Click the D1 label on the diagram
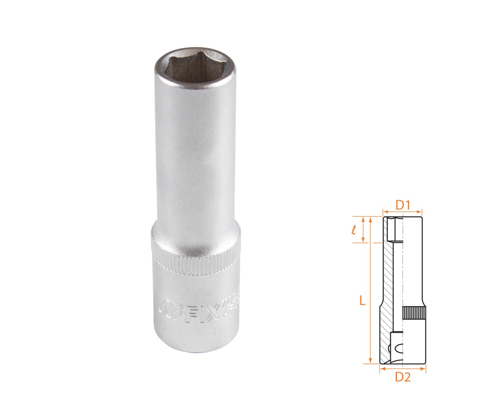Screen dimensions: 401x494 click(x=403, y=205)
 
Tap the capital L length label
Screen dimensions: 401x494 click(x=362, y=301)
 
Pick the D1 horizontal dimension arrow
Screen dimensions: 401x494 click(x=403, y=211)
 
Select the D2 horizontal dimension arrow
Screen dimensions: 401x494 click(x=403, y=369)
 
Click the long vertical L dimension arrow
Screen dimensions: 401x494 click(x=370, y=290)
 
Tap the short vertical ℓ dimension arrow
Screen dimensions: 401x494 click(x=363, y=230)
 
